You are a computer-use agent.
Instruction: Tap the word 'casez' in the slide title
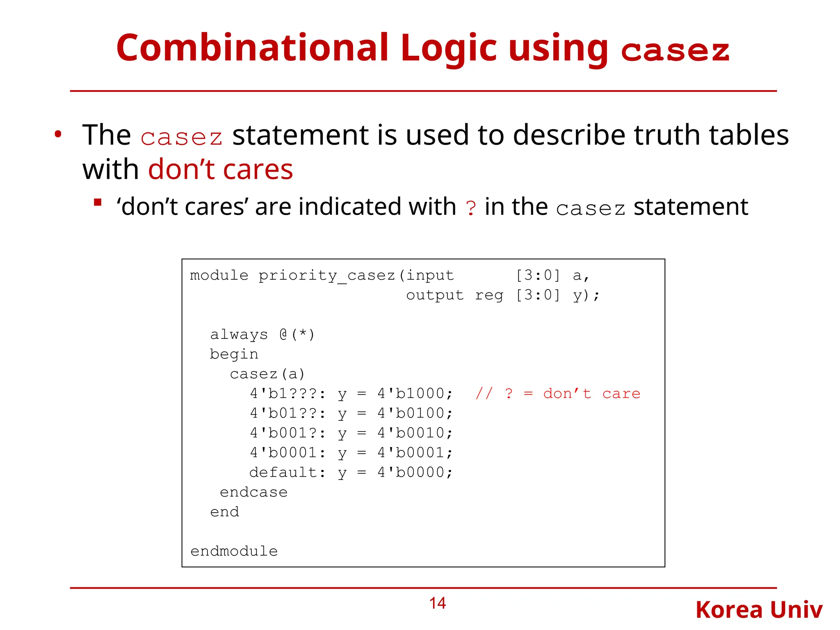675,51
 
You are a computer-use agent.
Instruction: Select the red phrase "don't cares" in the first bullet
220,169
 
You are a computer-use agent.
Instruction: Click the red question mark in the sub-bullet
471,208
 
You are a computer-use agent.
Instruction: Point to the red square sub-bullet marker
98,202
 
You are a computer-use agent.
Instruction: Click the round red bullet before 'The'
58,135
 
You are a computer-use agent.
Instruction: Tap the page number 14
437,603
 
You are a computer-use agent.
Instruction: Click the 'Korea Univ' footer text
759,610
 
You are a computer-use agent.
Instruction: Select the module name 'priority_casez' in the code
326,276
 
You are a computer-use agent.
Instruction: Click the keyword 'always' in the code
239,335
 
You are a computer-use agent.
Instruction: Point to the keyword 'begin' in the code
234,354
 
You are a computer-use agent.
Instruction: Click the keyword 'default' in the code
283,472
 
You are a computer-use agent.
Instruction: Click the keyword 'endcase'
253,492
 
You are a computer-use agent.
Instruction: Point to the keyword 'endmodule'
234,551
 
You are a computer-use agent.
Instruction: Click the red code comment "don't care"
591,394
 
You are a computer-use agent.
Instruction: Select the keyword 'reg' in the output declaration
489,295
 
